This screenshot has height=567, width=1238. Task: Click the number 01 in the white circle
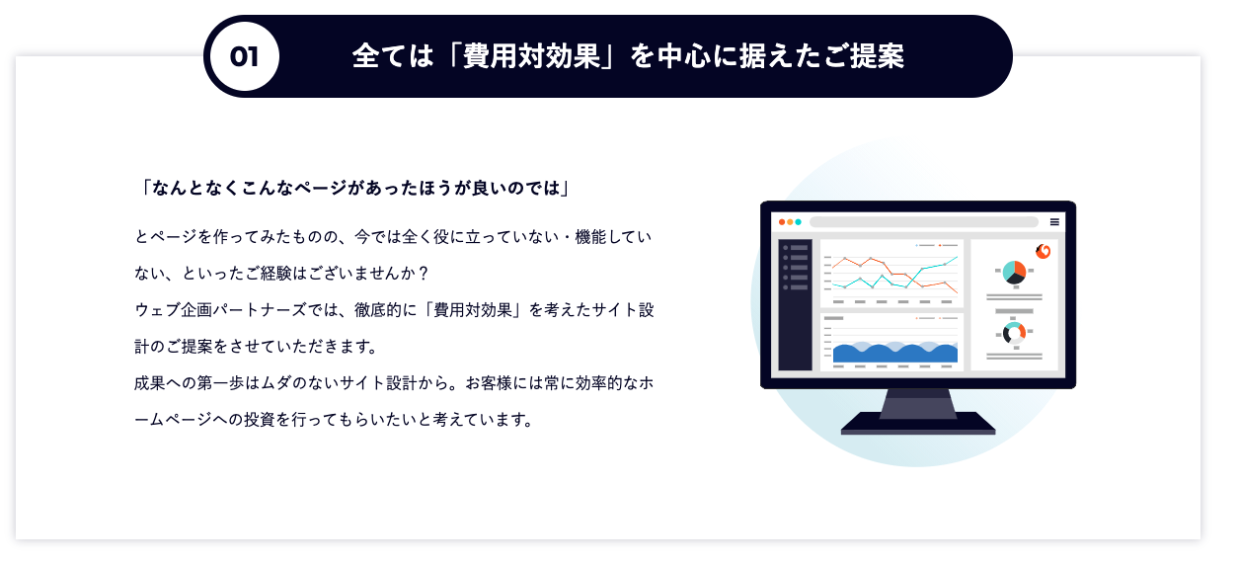click(x=244, y=57)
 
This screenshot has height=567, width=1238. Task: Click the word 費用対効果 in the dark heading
click(x=531, y=56)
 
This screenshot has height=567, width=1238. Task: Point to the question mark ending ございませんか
click(x=424, y=274)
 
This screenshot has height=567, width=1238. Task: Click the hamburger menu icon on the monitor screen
click(x=1054, y=222)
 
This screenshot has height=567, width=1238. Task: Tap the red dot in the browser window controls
click(x=782, y=222)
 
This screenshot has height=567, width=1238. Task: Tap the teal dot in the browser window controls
click(x=798, y=222)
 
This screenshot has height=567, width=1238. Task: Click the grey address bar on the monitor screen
click(x=923, y=222)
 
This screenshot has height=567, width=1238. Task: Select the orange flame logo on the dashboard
click(x=1043, y=252)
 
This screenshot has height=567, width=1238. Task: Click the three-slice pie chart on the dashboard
click(x=1014, y=273)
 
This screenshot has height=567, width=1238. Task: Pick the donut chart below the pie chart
click(x=1014, y=334)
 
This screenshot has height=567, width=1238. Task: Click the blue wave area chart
click(x=895, y=353)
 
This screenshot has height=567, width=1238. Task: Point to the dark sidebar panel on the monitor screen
click(x=796, y=305)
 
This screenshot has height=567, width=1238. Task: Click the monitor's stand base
click(x=918, y=423)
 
